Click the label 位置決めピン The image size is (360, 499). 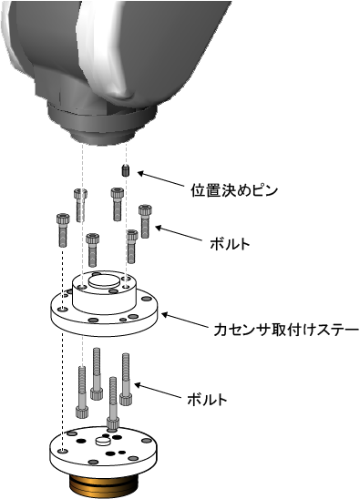pyautogui.click(x=234, y=190)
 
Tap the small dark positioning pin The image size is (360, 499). pyautogui.click(x=126, y=170)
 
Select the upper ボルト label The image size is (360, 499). pyautogui.click(x=230, y=244)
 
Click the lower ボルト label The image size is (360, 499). pyautogui.click(x=207, y=399)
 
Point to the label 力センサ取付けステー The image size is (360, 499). pyautogui.click(x=286, y=330)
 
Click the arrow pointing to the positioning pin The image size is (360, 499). pyautogui.click(x=161, y=179)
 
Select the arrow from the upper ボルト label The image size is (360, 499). pyautogui.click(x=179, y=234)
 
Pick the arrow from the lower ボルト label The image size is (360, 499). pyautogui.click(x=158, y=392)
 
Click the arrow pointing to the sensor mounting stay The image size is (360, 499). pyautogui.click(x=185, y=321)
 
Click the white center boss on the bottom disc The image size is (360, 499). pyautogui.click(x=103, y=441)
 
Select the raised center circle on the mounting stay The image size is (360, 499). pyautogui.click(x=104, y=282)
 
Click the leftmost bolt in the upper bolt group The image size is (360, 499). pyautogui.click(x=63, y=230)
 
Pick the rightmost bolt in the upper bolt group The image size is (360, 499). pyautogui.click(x=145, y=221)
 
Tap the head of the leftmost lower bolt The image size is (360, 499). pyautogui.click(x=82, y=412)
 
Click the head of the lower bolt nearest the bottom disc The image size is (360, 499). pyautogui.click(x=113, y=423)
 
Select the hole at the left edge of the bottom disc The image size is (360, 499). pyautogui.click(x=63, y=451)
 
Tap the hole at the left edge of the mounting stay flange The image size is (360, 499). pyautogui.click(x=63, y=309)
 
